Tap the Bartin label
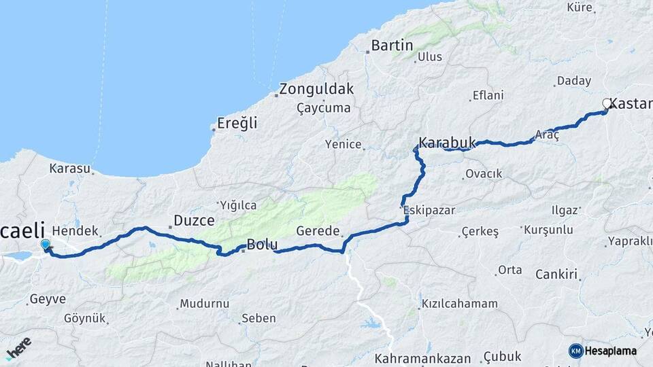[392, 46]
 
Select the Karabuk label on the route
[447, 143]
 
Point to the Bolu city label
[262, 244]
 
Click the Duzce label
[194, 220]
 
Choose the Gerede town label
[318, 231]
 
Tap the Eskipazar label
[430, 210]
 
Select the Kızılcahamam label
[459, 304]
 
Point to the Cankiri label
[556, 275]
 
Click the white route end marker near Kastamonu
[607, 104]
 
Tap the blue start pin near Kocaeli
[46, 245]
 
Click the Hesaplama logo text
[611, 351]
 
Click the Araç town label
[547, 135]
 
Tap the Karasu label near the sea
[70, 168]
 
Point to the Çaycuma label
[324, 108]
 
